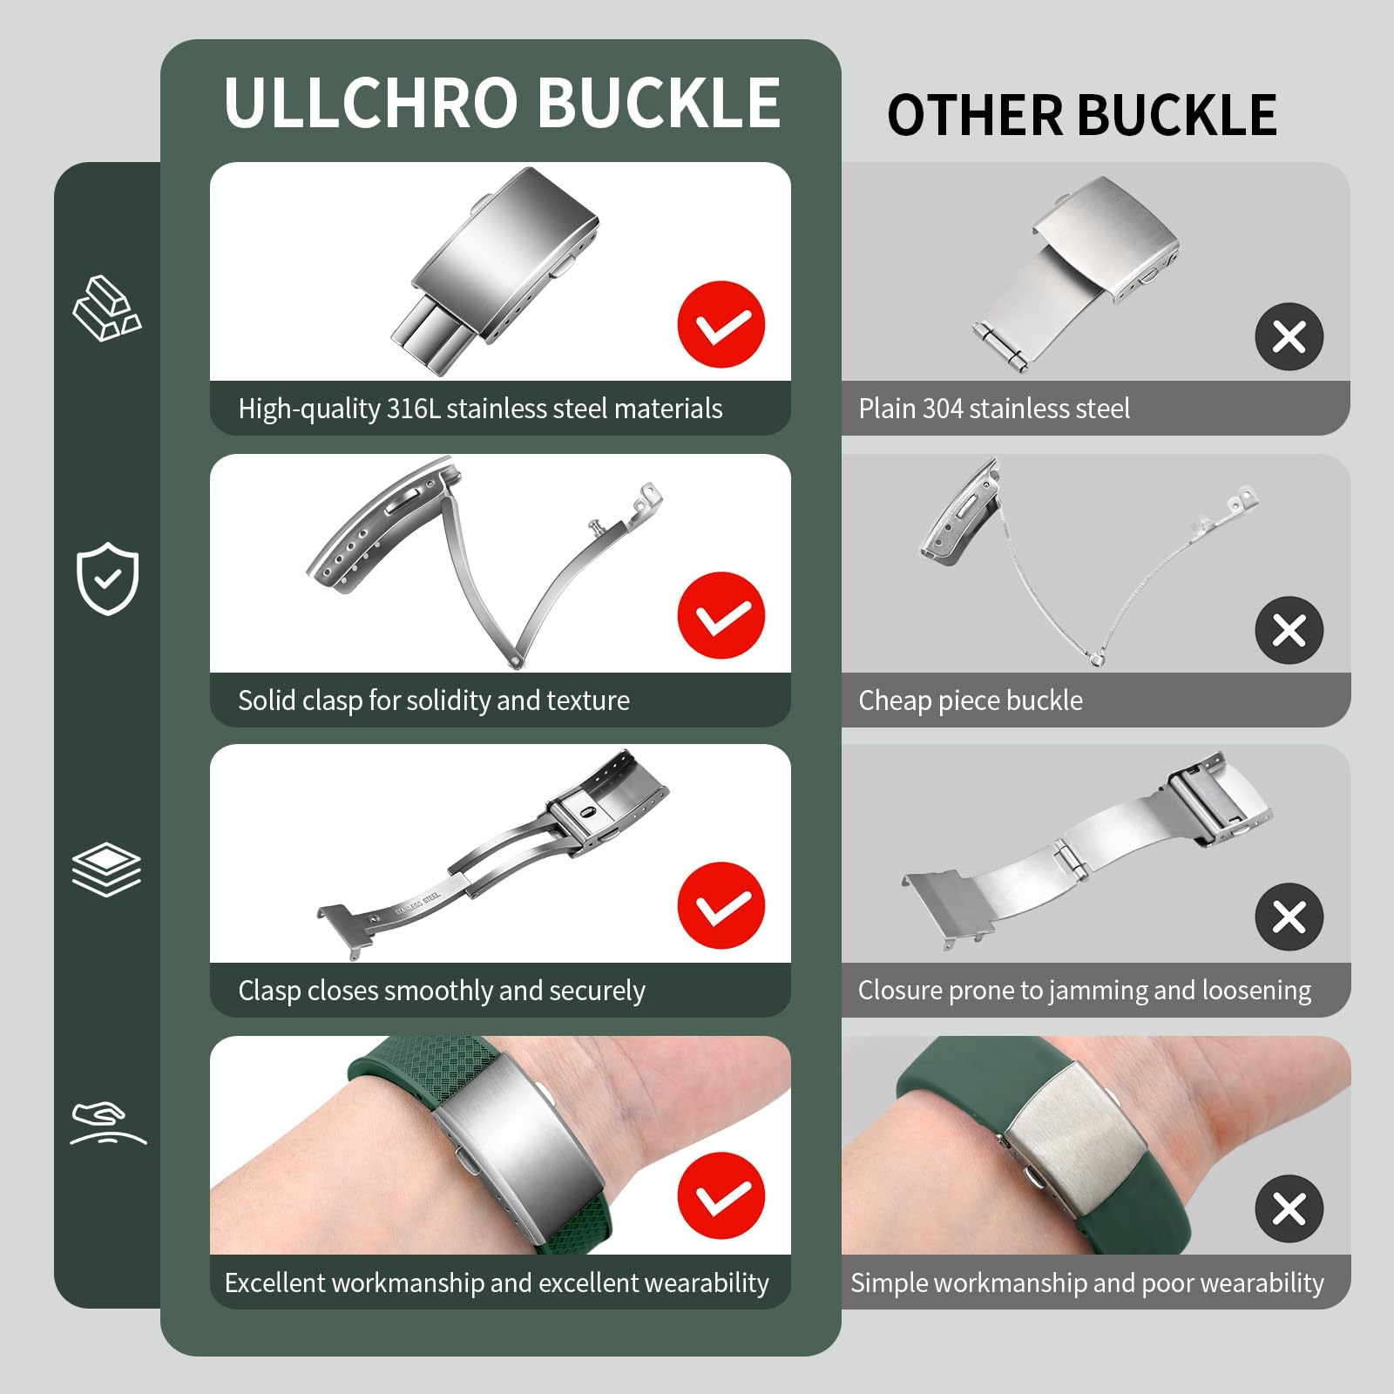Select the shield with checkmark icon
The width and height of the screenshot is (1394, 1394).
click(107, 578)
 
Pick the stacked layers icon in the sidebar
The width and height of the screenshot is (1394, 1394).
click(106, 869)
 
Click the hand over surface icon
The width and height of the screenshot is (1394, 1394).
click(107, 1123)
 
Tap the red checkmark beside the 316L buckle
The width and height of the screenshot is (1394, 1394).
click(721, 324)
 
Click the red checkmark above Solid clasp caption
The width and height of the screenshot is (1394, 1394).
click(721, 615)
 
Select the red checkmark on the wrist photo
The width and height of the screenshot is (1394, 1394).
click(721, 1195)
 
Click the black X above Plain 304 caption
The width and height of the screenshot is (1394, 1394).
click(1289, 337)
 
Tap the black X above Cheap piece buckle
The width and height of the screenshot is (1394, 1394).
click(1289, 630)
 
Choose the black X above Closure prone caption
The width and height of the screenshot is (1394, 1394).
click(1289, 917)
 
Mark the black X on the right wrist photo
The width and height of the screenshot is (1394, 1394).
click(1289, 1208)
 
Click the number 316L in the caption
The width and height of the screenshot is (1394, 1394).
click(413, 409)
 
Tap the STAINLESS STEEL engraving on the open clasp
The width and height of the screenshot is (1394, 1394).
click(417, 903)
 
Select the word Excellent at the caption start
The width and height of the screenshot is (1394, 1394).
click(274, 1282)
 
